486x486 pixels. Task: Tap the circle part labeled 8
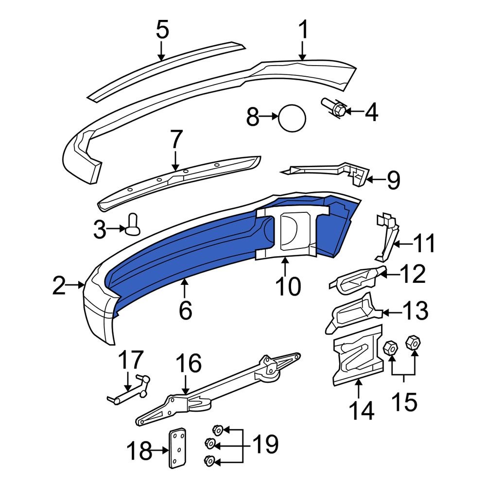pos(292,117)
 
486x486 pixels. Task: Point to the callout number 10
pos(288,286)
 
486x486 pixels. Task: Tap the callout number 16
pos(188,363)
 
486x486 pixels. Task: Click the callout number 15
pos(404,401)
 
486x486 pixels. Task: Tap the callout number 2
pos(59,286)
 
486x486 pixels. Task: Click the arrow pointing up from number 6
pos(185,290)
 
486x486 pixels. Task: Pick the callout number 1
pos(303,31)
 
